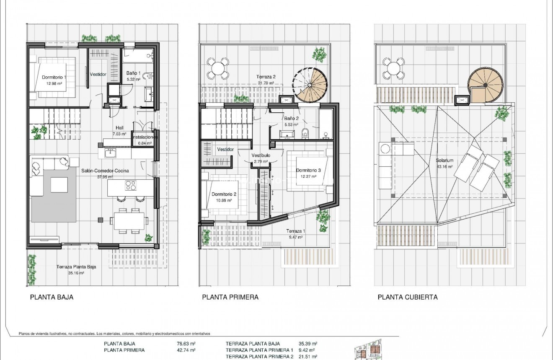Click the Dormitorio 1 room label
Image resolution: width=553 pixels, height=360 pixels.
coord(54,77)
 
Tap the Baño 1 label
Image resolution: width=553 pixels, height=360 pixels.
coord(133,73)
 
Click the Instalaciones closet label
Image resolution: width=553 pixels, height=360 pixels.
coord(145,137)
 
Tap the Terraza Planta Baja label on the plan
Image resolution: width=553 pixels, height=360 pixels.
coord(76,266)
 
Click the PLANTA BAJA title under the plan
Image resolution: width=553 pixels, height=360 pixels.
coord(52,297)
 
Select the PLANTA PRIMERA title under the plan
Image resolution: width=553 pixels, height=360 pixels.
coord(230,297)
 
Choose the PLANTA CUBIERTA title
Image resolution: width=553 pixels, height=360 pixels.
coord(408,297)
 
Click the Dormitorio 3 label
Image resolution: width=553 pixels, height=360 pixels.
coord(308,170)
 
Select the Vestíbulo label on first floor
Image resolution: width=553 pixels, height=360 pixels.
coord(261,155)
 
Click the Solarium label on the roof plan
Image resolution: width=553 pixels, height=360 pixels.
coord(444,161)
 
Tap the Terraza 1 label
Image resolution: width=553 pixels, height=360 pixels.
coord(296,231)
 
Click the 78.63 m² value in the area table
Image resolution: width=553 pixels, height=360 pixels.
coord(186,344)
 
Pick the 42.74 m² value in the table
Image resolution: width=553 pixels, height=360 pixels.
coord(186,350)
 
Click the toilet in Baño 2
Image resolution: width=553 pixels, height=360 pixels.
coord(305,134)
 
